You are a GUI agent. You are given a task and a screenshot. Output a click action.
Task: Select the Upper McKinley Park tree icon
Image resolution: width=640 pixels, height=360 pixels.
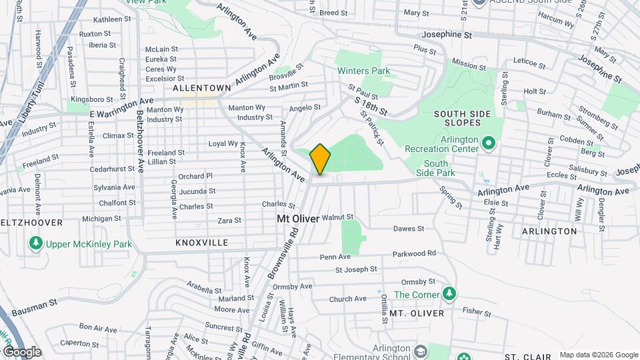point(36,244)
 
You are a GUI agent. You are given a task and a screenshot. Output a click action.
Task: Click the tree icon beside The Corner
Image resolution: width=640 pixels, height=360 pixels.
point(450,294)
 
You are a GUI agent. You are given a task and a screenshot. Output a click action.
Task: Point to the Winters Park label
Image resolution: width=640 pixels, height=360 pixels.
point(363,71)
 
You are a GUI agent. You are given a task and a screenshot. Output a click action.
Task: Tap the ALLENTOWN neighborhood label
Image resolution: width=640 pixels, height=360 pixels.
point(201,88)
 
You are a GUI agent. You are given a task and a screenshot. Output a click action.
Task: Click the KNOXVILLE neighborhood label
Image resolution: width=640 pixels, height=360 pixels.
point(201,243)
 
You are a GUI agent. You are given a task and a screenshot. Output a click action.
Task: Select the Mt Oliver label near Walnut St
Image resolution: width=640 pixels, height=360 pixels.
point(298,218)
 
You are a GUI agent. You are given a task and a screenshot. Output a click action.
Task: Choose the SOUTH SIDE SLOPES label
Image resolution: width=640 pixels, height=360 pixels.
point(467,119)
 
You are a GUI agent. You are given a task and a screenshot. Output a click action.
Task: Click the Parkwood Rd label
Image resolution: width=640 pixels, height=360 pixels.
point(413,253)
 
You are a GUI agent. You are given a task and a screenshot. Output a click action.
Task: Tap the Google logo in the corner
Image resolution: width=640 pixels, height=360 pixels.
point(21,351)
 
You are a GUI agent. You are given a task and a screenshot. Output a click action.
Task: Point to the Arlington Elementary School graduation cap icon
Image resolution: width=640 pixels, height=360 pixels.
point(421,351)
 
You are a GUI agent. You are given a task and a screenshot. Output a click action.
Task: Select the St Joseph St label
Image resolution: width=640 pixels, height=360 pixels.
point(356,269)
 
